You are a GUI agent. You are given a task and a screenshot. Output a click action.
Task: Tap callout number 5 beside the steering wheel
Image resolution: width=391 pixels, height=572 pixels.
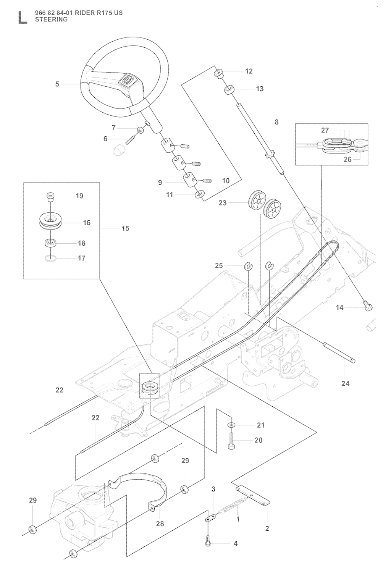[57, 84]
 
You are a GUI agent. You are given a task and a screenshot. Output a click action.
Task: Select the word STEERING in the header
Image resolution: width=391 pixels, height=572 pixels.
[51, 19]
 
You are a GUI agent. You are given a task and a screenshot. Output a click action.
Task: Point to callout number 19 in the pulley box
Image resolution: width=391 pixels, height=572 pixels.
[79, 196]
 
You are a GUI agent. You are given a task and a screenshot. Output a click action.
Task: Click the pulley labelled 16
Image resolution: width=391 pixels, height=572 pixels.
[50, 222]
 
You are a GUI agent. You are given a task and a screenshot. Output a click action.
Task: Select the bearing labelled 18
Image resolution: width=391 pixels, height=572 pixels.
[50, 242]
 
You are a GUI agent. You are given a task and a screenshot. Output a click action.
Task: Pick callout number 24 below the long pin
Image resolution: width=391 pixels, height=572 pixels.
[345, 383]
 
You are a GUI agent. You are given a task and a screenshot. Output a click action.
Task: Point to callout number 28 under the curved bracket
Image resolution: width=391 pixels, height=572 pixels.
[160, 524]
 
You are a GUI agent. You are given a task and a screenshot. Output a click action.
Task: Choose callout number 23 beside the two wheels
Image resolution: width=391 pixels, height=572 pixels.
[223, 203]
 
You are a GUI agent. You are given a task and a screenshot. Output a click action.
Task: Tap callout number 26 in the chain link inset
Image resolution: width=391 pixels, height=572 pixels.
[347, 159]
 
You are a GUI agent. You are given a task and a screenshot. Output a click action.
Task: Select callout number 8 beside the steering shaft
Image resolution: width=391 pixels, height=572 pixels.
[276, 122]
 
